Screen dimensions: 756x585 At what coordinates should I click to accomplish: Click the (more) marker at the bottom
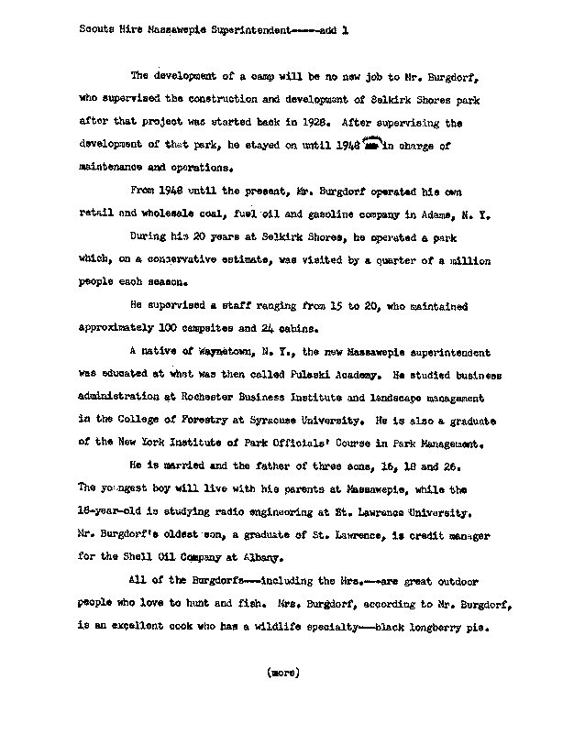pos(281,672)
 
